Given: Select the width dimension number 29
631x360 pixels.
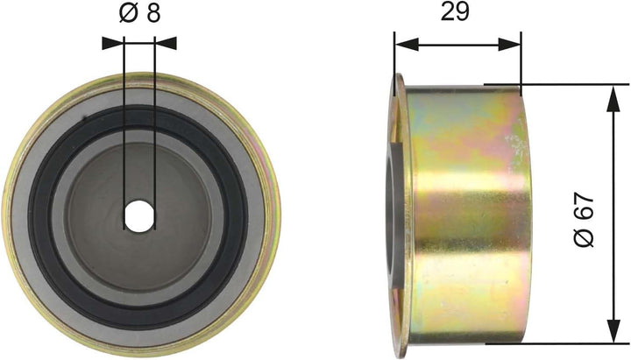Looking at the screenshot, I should click(456, 12).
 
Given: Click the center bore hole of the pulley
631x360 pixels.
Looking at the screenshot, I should click(138, 215).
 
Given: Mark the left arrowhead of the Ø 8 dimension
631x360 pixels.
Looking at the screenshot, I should click(109, 41).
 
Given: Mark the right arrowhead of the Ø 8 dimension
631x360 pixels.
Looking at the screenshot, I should click(170, 41).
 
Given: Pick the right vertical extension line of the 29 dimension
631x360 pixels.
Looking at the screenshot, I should click(521, 61).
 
